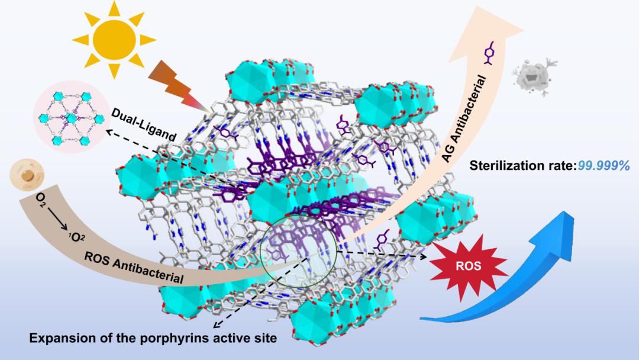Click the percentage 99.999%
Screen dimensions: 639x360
[x=604, y=166]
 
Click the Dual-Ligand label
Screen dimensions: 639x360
[x=143, y=125]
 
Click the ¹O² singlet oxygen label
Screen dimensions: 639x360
[x=76, y=238]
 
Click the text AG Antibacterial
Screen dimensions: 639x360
[x=464, y=119]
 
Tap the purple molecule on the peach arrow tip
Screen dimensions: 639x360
[x=490, y=53]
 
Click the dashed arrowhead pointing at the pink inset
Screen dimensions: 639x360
[x=109, y=131]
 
